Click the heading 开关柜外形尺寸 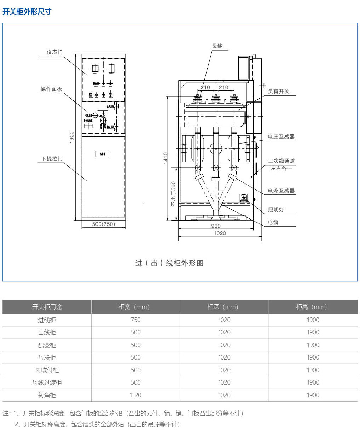pyautogui.click(x=27, y=12)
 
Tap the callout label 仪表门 pyautogui.click(x=54, y=52)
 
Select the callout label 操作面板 pyautogui.click(x=51, y=89)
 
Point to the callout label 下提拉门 pyautogui.click(x=52, y=159)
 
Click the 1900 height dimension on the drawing pyautogui.click(x=72, y=137)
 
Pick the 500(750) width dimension pyautogui.click(x=103, y=224)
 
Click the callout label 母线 pyautogui.click(x=217, y=46)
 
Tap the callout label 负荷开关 pyautogui.click(x=278, y=91)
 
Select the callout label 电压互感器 pyautogui.click(x=281, y=136)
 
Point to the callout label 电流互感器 pyautogui.click(x=281, y=191)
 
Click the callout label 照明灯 pyautogui.click(x=276, y=209)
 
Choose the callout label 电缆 pyautogui.click(x=273, y=222)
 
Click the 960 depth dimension pyautogui.click(x=216, y=226)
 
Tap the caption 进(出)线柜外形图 pyautogui.click(x=169, y=263)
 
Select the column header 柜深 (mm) pyautogui.click(x=224, y=307)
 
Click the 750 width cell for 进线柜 pyautogui.click(x=135, y=320)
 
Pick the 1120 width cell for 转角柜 pyautogui.click(x=135, y=395)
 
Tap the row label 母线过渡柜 pyautogui.click(x=47, y=382)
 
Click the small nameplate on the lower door pyautogui.click(x=102, y=154)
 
